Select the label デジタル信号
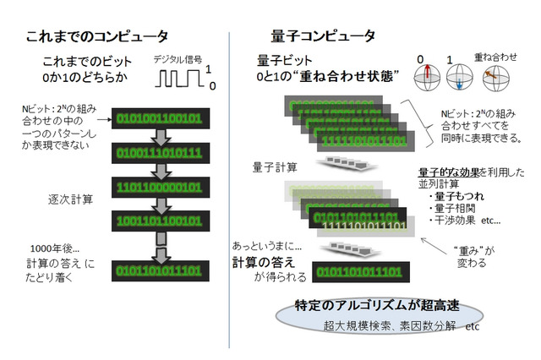click(x=178, y=60)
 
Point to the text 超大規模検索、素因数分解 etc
click(x=402, y=325)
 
